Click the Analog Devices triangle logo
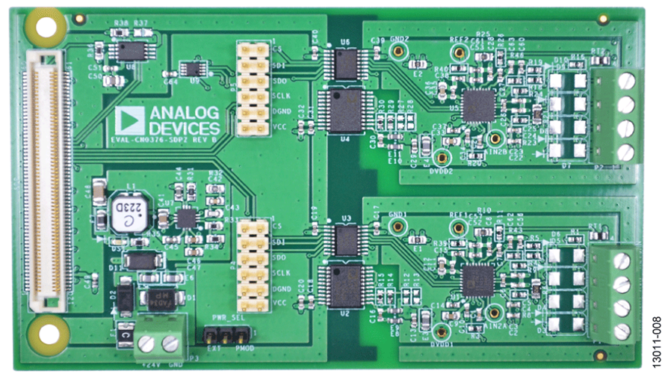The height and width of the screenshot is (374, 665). point(130,120)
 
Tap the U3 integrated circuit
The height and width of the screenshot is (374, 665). point(346,239)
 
